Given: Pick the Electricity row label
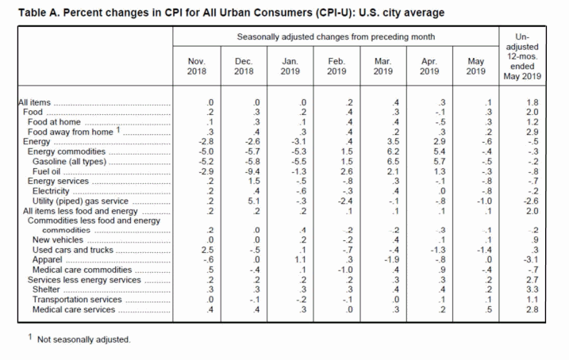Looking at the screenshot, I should [x=52, y=190].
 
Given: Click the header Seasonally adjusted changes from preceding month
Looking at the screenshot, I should [x=336, y=37].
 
